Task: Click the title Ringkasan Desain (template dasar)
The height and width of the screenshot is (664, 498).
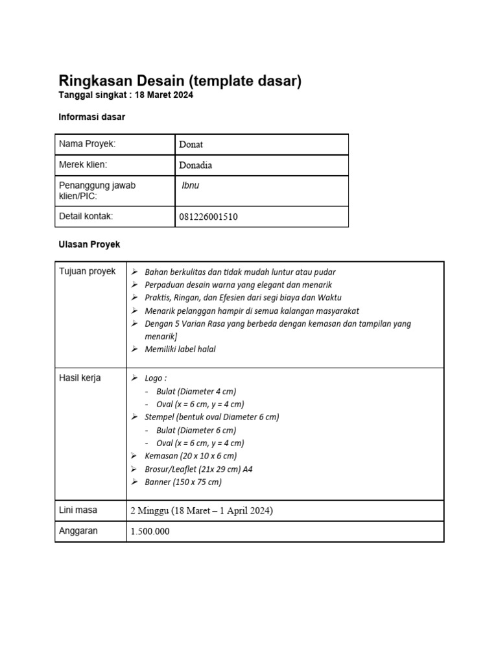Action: click(x=180, y=81)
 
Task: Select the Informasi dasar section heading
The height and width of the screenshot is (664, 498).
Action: click(x=91, y=117)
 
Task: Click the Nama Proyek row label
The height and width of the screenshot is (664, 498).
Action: click(x=87, y=144)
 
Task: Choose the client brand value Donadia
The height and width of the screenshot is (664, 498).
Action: click(x=195, y=165)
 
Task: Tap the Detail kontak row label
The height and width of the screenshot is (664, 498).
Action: click(x=90, y=216)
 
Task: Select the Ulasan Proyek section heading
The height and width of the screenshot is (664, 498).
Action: click(x=89, y=244)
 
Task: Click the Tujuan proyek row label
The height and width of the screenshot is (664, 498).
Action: click(x=88, y=271)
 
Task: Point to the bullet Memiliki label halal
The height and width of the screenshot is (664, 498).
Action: click(x=180, y=350)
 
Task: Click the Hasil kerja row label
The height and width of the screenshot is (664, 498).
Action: click(x=80, y=378)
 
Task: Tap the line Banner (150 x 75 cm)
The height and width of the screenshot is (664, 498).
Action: click(x=184, y=482)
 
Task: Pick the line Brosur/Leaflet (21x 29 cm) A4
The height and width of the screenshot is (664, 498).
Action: click(x=199, y=469)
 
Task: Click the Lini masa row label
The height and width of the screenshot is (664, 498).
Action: click(x=78, y=510)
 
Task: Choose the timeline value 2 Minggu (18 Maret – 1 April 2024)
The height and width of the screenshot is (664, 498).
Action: click(x=202, y=511)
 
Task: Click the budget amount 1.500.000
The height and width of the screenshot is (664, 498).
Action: click(x=150, y=531)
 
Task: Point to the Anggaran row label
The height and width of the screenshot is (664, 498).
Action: click(x=78, y=530)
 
